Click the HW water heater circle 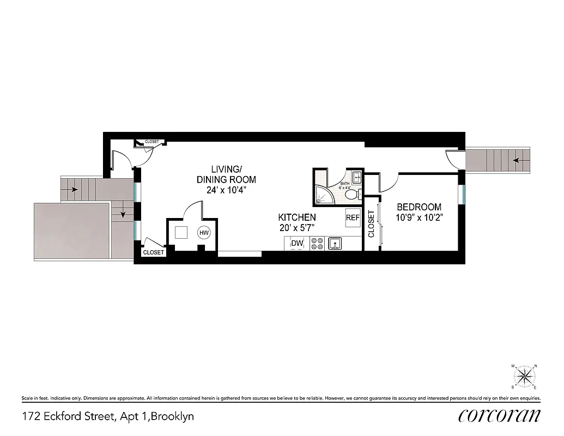click(204, 233)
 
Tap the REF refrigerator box click(353, 217)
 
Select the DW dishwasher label click(297, 243)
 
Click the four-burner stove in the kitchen click(317, 243)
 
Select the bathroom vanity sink click(357, 177)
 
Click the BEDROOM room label click(419, 207)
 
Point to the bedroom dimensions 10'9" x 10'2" click(419, 217)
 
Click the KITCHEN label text click(297, 217)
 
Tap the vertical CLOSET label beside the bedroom click(371, 223)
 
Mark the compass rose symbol click(524, 376)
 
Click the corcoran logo click(500, 416)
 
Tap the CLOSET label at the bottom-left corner click(153, 253)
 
